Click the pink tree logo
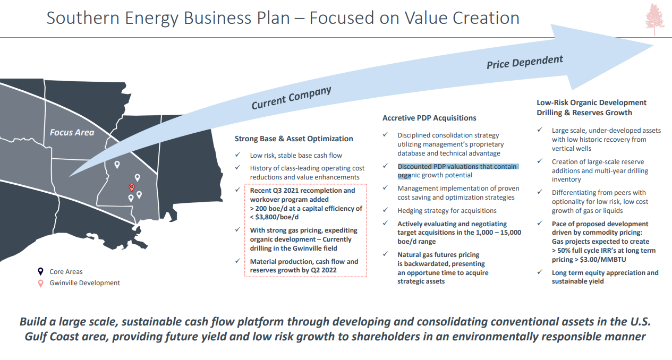click(654, 20)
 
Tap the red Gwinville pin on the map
click(131, 187)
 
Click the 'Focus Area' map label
click(72, 132)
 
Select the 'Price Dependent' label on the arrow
click(525, 62)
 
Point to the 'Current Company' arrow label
click(291, 98)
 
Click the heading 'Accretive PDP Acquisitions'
click(429, 118)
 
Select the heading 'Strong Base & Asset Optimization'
click(294, 139)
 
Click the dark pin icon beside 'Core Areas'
click(40, 271)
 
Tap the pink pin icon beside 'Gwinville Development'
click(40, 283)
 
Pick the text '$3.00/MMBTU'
click(603, 259)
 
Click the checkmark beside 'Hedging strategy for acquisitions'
click(386, 210)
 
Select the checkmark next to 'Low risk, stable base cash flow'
click(238, 155)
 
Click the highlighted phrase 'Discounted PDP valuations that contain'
click(457, 166)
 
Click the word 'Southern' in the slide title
click(83, 18)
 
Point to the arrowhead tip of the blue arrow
click(653, 46)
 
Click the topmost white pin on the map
click(117, 165)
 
